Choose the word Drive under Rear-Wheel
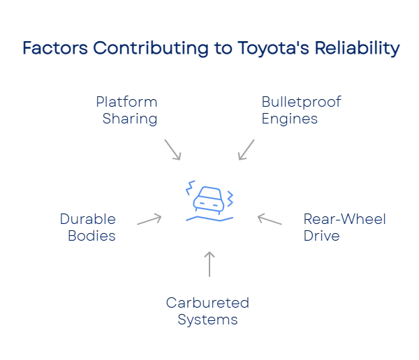321,236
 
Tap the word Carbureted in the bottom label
207,304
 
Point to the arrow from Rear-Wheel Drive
270,220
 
